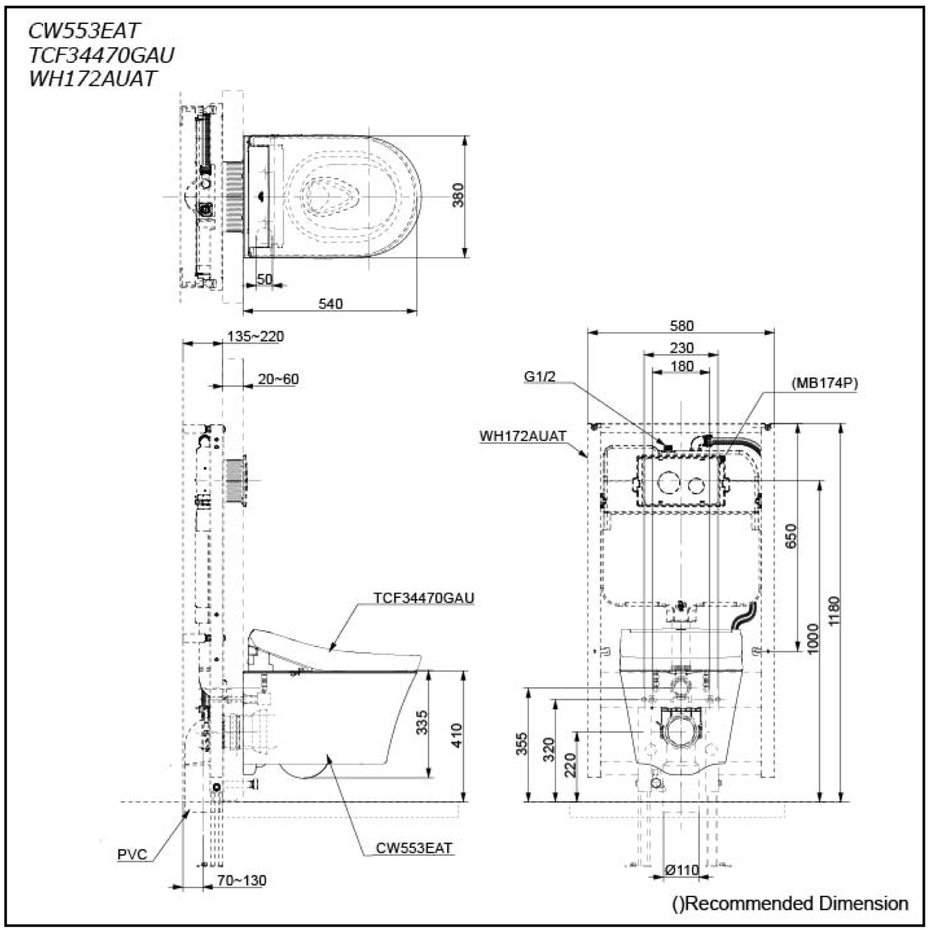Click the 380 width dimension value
pyautogui.click(x=458, y=194)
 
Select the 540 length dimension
pyautogui.click(x=331, y=303)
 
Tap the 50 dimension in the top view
pyautogui.click(x=264, y=279)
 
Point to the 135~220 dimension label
pyautogui.click(x=255, y=336)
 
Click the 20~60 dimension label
pyautogui.click(x=278, y=379)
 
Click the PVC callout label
pyautogui.click(x=132, y=854)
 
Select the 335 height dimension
pyautogui.click(x=422, y=722)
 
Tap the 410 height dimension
pyautogui.click(x=457, y=736)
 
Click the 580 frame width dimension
pyautogui.click(x=681, y=326)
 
